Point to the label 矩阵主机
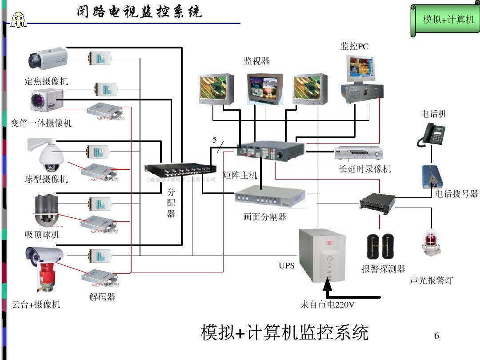(240, 175)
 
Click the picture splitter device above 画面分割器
(270, 197)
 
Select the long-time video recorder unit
(358, 153)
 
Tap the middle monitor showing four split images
(264, 87)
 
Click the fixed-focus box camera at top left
(48, 58)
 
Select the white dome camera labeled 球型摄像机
(49, 156)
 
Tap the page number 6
(436, 336)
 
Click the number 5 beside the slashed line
(215, 140)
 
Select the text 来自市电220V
(327, 305)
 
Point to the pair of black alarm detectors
(380, 246)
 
